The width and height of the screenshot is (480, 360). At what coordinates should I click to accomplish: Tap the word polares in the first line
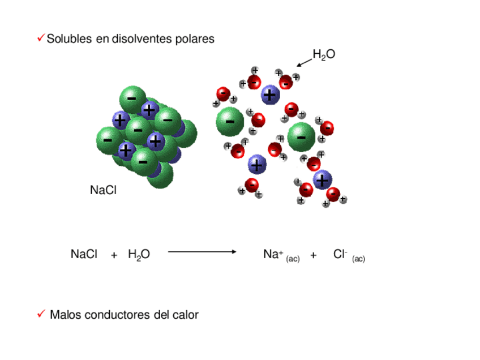tap(195, 39)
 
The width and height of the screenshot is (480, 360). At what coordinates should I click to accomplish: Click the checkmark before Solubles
tap(41, 38)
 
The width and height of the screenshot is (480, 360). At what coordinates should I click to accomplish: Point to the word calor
tap(186, 315)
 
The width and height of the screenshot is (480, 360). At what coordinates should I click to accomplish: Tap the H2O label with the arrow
tap(324, 54)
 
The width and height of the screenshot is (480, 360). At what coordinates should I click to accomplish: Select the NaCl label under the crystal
tap(103, 190)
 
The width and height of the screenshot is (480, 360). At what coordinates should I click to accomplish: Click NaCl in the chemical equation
tap(84, 255)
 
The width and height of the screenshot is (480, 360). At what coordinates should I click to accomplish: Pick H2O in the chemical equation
tap(139, 255)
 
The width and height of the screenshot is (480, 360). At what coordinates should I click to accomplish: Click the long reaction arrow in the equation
tap(202, 251)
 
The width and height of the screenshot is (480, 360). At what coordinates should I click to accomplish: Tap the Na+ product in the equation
tap(273, 255)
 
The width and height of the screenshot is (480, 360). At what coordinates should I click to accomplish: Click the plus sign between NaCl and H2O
tap(114, 255)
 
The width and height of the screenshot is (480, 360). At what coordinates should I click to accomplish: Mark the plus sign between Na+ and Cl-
tap(314, 256)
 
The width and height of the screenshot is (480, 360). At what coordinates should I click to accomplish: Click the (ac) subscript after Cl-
tap(358, 259)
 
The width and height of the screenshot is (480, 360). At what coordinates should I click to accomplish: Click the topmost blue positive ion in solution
tap(271, 95)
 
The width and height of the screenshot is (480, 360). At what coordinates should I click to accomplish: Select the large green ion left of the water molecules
tap(230, 121)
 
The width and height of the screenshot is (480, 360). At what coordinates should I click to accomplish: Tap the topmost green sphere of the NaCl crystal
tap(133, 98)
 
